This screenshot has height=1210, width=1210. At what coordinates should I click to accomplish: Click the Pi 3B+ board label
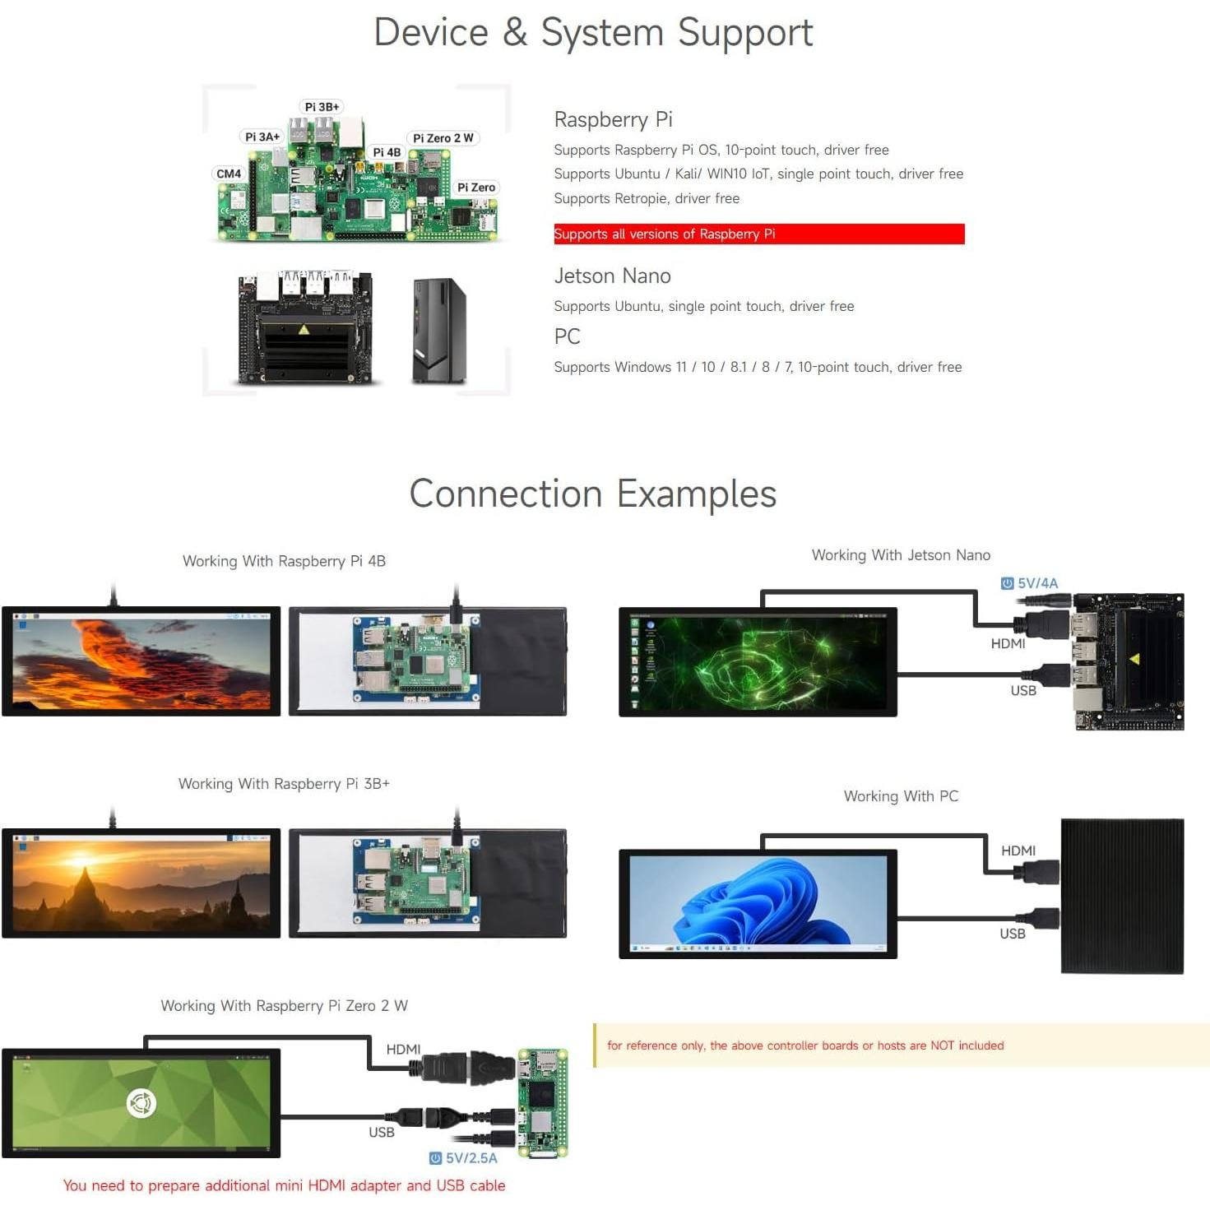(322, 107)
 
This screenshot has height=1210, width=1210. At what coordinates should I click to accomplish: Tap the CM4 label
(229, 174)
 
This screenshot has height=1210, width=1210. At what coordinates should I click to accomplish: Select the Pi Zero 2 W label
(443, 138)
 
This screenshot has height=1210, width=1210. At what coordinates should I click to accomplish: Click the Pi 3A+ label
(262, 137)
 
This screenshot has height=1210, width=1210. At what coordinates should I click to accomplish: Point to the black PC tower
(438, 331)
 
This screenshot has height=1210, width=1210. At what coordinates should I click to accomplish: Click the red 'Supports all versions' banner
(758, 234)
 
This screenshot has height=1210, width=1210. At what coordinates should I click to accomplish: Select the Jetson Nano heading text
(612, 276)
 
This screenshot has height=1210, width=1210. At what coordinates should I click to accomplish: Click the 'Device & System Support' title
(593, 33)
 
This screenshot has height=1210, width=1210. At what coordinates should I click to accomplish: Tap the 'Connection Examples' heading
(592, 494)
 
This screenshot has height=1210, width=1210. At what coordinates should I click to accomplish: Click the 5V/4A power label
(1030, 583)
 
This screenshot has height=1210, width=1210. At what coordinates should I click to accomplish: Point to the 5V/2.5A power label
(464, 1158)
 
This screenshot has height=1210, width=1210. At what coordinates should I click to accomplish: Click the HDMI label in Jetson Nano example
(1008, 643)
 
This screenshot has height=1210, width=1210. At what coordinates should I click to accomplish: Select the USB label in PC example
(1012, 934)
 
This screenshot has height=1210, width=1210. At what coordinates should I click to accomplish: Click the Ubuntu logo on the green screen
(141, 1102)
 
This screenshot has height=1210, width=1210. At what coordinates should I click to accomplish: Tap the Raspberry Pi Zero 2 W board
(542, 1102)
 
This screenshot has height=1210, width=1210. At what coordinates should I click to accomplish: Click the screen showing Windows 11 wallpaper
(758, 903)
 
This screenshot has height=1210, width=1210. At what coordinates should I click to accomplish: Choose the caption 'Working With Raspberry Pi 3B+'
(284, 784)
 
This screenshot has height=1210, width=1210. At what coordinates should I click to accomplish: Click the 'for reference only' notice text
(804, 1045)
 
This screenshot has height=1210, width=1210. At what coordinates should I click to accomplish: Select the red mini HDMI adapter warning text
(284, 1185)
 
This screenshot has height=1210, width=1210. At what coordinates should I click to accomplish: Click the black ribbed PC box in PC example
(1122, 897)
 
